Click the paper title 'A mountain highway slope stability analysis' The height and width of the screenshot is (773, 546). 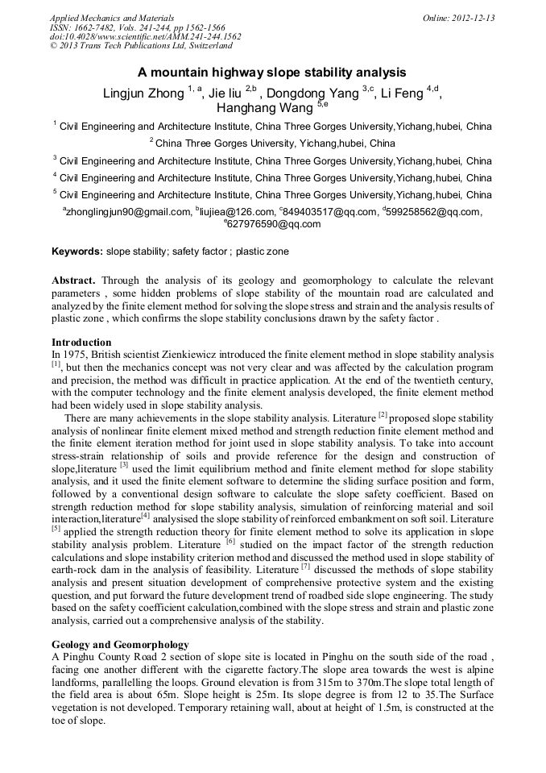click(272, 72)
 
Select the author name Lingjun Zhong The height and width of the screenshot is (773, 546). click(143, 94)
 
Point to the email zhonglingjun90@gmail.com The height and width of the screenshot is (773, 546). click(127, 212)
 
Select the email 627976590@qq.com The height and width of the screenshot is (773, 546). click(274, 224)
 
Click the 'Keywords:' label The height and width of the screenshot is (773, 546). click(77, 251)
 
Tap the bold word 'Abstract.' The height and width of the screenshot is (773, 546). click(74, 280)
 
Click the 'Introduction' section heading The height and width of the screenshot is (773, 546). click(81, 343)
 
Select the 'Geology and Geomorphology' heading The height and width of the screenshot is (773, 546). click(120, 645)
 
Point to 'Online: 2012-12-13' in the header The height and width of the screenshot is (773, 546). click(458, 18)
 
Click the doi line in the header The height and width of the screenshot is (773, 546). click(145, 37)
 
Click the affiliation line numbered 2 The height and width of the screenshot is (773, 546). click(272, 143)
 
